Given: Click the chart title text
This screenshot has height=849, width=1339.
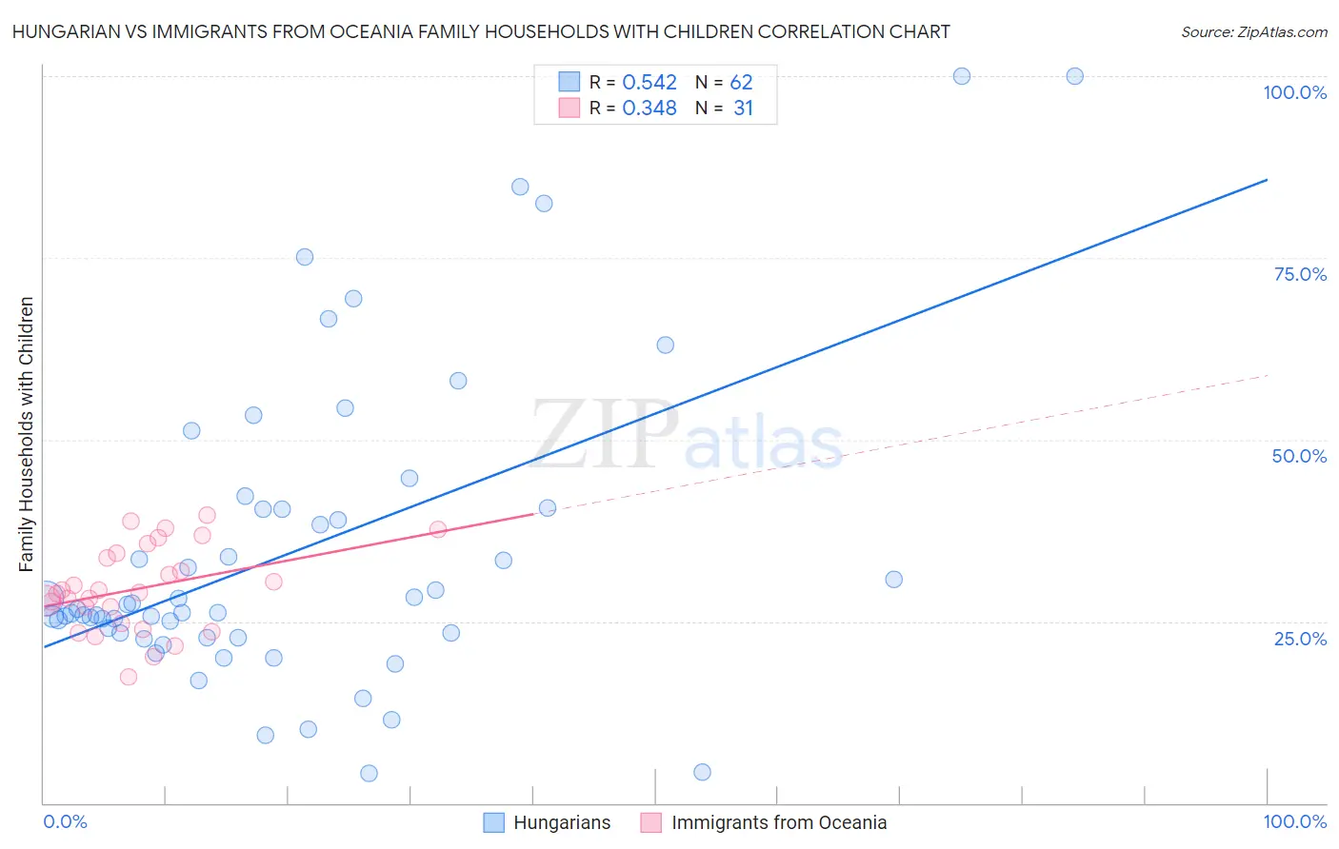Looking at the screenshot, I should pos(481,31).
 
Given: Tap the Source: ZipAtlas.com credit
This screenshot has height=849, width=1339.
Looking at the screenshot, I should pos(1253,31).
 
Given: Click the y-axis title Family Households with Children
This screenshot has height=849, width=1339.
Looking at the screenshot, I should pos(26,434).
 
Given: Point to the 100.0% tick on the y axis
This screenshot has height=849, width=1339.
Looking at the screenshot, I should pos(1294,92).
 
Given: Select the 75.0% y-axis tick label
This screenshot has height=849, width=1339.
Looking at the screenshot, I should pos(1300,274).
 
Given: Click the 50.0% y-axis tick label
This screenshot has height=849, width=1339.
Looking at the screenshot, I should pos(1299,456).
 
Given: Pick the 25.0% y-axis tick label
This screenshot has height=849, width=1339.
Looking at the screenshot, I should pos(1300,638).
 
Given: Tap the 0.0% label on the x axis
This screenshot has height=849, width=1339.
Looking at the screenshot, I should pos(65,821).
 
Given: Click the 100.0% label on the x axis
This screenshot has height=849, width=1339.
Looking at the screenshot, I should pos(1294,821).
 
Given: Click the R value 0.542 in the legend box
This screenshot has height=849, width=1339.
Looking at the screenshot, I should pos(650,83).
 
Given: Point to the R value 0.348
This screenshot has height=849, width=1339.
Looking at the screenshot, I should pos(650,109).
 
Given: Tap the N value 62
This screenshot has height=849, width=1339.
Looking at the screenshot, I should pos(741,83).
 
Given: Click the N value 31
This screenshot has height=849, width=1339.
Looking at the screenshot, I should pos(743,109).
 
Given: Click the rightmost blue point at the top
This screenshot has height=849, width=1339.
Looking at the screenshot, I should pos(1074,76).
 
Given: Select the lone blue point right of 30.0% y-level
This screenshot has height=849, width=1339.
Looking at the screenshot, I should pos(893,580).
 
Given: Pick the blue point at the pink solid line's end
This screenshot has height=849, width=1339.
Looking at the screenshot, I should pos(548,508).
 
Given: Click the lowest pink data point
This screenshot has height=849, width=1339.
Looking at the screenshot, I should pos(129,677).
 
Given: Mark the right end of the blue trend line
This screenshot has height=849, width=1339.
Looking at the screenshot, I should pos(1267,180).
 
